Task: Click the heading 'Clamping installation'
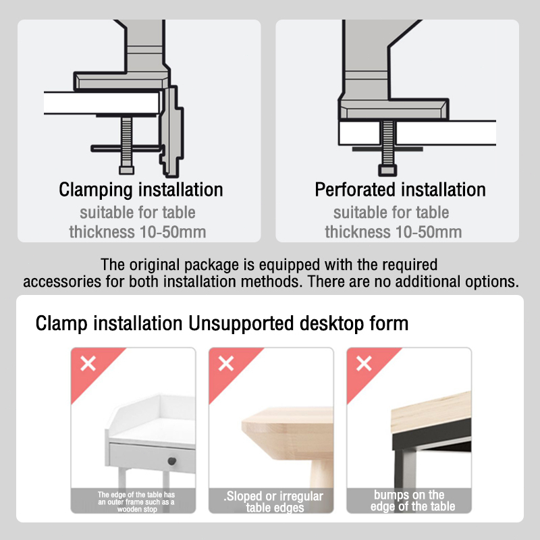pos(141,190)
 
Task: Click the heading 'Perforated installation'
pos(400,190)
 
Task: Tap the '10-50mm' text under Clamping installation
pos(173,232)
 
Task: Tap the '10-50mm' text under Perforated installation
pos(429,232)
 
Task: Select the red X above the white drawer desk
pos(88,364)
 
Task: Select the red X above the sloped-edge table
pos(226,364)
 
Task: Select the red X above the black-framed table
pos(364,364)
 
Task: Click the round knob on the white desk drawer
pos(172,461)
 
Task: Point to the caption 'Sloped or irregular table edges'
pos(274,502)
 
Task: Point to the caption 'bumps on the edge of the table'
pos(412,500)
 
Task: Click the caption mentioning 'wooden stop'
pos(136,502)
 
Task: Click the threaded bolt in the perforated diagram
pos(387,143)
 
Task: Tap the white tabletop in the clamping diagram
pos(103,103)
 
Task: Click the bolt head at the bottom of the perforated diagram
pos(387,171)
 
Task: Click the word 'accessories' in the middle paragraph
pos(62,281)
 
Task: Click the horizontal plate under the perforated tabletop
pos(387,149)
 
